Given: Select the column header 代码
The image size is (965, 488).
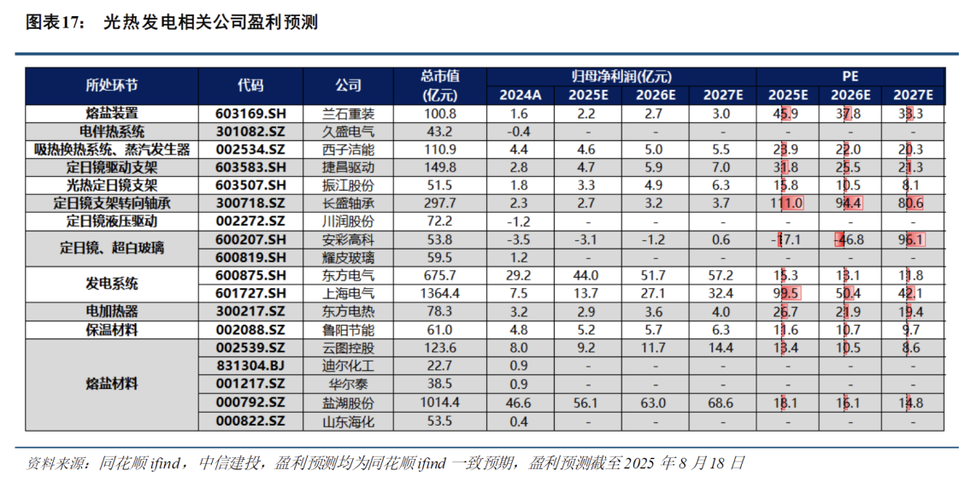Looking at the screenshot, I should (250, 85).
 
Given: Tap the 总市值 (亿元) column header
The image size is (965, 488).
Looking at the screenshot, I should (440, 85).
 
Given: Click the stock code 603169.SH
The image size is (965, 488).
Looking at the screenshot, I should (250, 114).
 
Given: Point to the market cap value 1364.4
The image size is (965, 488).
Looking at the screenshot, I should (440, 293).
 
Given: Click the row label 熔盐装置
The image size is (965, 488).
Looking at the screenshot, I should (112, 114).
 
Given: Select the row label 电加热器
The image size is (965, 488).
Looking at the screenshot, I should (112, 311).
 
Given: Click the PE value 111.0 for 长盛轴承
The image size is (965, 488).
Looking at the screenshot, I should (787, 203).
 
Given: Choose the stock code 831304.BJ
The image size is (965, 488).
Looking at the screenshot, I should (250, 366).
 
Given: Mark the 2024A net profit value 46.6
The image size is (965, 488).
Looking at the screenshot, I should (520, 403).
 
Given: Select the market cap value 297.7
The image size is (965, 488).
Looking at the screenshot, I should (440, 203).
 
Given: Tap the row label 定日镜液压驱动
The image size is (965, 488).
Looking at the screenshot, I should (112, 221).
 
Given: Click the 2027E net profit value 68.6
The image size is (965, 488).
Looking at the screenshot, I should (721, 403).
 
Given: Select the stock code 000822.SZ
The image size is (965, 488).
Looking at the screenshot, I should (250, 421).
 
